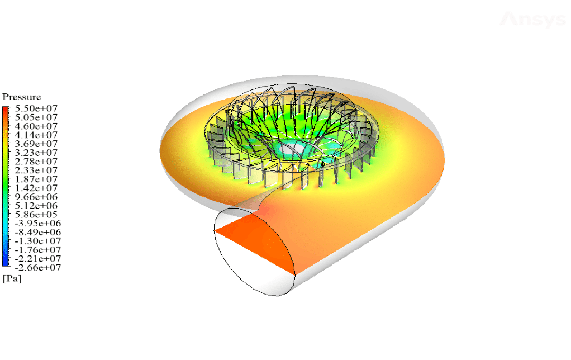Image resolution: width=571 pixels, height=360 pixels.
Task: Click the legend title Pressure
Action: point(21,97)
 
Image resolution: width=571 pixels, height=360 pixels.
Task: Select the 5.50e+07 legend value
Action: point(36,108)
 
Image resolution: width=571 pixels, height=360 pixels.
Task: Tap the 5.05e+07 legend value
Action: point(36,117)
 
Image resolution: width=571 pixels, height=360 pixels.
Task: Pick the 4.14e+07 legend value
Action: point(36,135)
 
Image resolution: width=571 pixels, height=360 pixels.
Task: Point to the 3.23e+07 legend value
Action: point(36,152)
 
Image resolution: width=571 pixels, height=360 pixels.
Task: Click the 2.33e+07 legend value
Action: point(36,170)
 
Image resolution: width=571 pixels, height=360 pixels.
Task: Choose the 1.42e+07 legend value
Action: point(36,188)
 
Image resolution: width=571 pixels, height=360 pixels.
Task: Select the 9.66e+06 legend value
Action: point(36,197)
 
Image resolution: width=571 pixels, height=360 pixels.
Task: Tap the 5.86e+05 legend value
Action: point(36,214)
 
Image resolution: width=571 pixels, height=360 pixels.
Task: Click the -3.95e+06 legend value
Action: point(38,224)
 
